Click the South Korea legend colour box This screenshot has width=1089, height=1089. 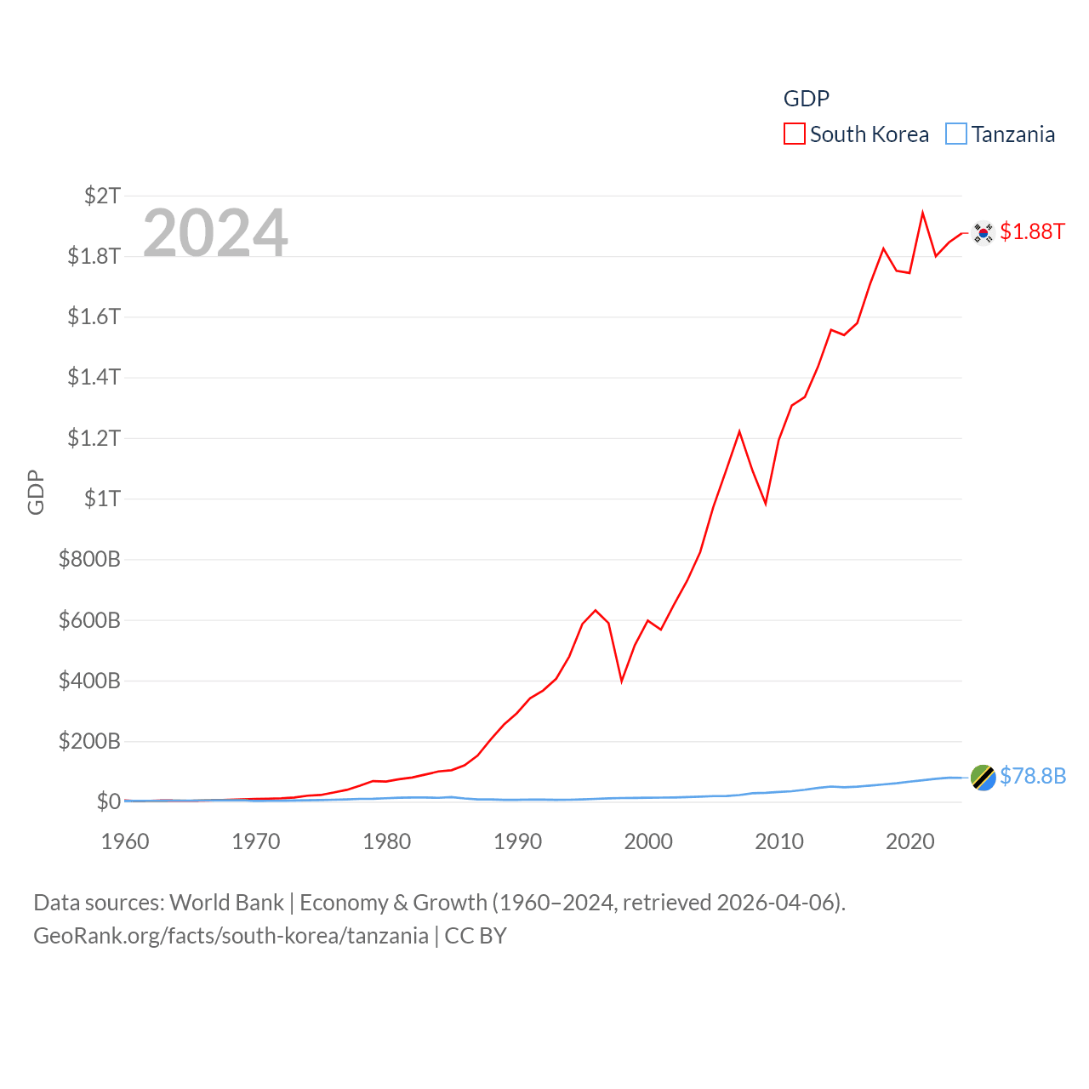click(794, 134)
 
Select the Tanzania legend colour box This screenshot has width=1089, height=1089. click(956, 134)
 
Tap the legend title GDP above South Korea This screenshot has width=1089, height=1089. click(806, 99)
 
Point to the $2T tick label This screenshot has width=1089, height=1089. click(102, 196)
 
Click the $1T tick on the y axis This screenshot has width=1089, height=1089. click(102, 499)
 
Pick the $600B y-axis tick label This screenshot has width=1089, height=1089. click(89, 620)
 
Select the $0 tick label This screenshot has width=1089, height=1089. click(108, 801)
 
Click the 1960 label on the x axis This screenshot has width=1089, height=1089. click(125, 841)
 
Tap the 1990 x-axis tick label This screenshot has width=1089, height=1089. click(517, 841)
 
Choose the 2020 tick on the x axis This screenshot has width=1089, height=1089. click(909, 841)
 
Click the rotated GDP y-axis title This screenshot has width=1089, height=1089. click(36, 492)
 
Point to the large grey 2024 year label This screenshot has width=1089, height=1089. click(215, 233)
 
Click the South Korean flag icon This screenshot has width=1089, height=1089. click(983, 232)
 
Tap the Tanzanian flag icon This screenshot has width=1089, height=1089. click(983, 777)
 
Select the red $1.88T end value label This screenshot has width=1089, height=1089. click(1032, 231)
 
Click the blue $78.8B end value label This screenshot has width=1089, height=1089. click(1032, 776)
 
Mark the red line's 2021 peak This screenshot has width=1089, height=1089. click(922, 213)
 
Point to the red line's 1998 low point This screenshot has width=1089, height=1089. click(622, 681)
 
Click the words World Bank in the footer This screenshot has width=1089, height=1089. click(226, 903)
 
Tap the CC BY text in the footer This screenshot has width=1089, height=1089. click(476, 936)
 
